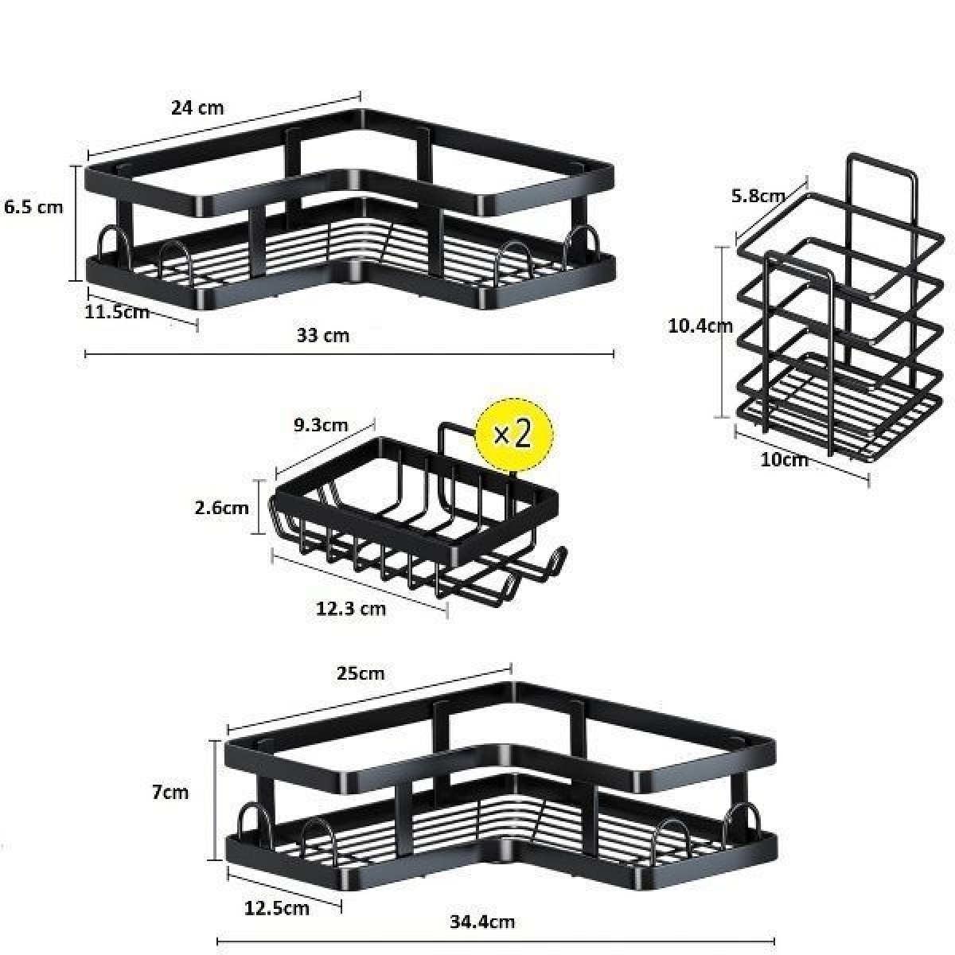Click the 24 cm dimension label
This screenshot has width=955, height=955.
click(197, 107)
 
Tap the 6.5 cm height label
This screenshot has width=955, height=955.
click(33, 207)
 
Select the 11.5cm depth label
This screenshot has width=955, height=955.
click(117, 312)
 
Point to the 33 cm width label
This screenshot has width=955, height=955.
click(323, 336)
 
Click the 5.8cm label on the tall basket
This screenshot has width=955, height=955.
click(758, 197)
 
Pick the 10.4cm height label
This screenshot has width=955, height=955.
click(700, 326)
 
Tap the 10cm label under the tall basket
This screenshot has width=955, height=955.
click(784, 460)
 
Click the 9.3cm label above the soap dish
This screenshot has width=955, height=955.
click(321, 425)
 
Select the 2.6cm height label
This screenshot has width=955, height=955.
click(221, 508)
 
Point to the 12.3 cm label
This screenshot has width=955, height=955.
click(351, 609)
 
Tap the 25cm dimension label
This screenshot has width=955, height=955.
click(361, 673)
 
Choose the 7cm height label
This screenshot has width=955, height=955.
click(170, 793)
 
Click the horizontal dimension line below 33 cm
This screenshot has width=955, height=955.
click(349, 354)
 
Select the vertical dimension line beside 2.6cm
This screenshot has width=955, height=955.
click(258, 506)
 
